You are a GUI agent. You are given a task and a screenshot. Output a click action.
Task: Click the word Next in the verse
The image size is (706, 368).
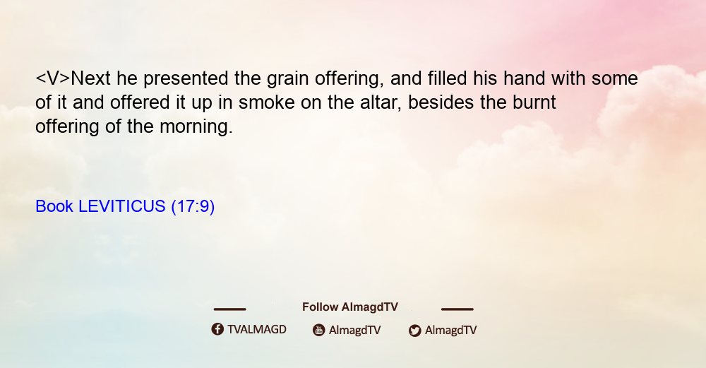90,78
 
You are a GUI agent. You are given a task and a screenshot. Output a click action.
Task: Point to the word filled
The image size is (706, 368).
447,78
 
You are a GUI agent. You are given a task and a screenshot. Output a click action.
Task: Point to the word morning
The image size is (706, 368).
196,127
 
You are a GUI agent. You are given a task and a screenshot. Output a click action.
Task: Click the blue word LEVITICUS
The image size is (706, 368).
122,206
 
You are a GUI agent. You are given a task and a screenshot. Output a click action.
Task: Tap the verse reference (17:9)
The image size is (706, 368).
193,207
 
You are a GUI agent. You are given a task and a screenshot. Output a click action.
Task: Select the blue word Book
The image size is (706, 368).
54,206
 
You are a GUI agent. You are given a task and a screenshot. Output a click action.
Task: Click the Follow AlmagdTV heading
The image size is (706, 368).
350,307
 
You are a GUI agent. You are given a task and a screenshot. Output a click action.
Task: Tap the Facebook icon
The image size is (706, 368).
217,329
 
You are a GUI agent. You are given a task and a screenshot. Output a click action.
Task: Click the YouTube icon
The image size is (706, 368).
319,330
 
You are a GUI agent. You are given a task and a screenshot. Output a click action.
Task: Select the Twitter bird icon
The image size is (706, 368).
414,331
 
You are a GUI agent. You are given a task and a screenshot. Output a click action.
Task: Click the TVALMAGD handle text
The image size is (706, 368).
257,330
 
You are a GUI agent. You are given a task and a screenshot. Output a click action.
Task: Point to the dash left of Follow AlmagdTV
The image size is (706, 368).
229,309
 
